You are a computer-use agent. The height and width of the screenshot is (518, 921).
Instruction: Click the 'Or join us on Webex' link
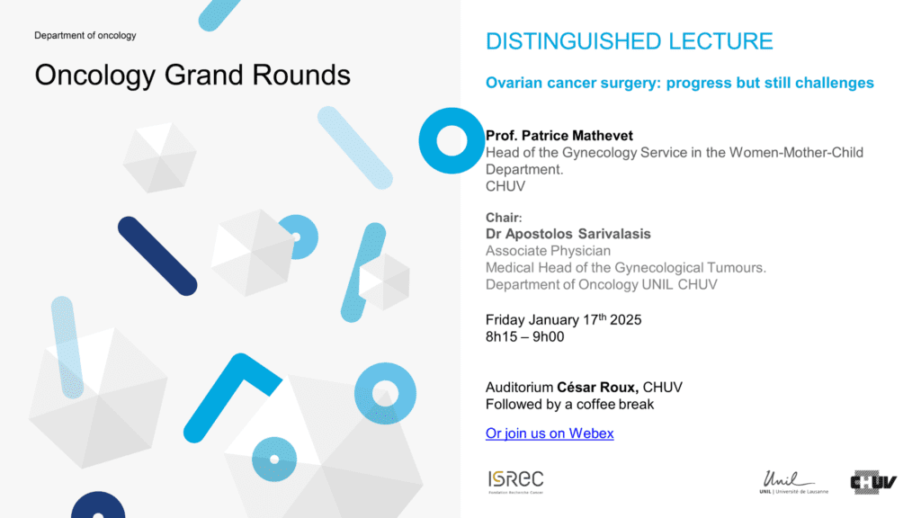(x=550, y=433)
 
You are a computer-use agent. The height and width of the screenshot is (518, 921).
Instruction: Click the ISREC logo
(x=515, y=482)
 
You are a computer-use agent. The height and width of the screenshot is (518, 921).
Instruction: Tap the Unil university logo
(x=793, y=482)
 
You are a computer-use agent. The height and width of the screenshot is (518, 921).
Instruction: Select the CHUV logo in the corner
(x=873, y=482)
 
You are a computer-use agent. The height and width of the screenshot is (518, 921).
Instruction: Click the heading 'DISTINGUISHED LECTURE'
(x=629, y=41)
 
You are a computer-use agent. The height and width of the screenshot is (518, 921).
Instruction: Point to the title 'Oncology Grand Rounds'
(x=192, y=76)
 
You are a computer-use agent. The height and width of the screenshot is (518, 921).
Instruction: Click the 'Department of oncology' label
(x=85, y=35)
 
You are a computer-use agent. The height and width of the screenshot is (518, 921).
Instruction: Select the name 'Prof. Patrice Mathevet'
(x=559, y=136)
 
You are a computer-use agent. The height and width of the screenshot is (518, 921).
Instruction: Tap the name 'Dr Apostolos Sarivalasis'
(x=568, y=234)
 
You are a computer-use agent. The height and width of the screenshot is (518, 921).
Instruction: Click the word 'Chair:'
(x=504, y=218)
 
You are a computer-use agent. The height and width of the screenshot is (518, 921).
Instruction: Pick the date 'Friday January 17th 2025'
(x=563, y=319)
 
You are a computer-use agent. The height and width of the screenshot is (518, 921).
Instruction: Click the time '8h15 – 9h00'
(x=524, y=337)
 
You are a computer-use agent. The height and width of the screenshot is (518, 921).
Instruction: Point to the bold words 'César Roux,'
(x=598, y=388)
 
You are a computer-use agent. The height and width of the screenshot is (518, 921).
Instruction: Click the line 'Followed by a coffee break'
(x=569, y=405)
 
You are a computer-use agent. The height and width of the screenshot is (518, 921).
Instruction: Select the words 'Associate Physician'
(x=548, y=251)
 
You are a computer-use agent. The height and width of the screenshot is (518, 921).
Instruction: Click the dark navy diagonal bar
(x=157, y=256)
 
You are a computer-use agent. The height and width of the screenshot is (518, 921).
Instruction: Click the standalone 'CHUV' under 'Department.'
(x=505, y=187)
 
